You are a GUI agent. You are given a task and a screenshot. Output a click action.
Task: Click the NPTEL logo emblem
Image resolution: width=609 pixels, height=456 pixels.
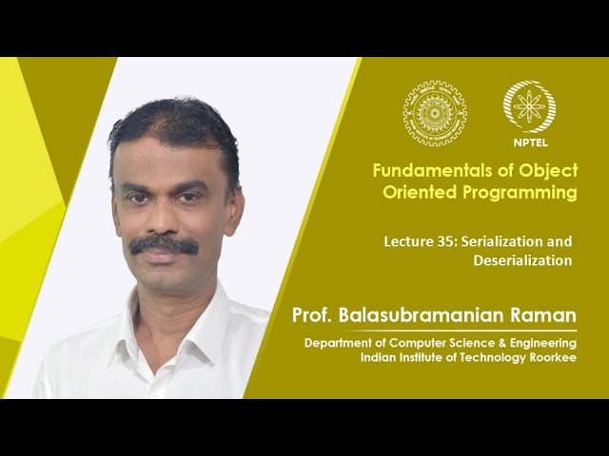pos(529,106)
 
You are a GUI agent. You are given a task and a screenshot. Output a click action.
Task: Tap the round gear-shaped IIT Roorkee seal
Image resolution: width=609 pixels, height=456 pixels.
pos(435,113)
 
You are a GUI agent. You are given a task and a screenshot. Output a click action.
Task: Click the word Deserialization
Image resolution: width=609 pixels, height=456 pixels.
pos(522,259)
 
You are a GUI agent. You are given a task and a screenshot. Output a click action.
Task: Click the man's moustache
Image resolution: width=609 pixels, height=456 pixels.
pos(163,245)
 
